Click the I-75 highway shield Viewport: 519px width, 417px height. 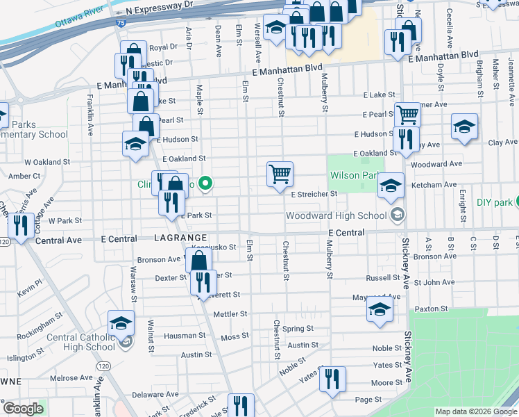[121, 24]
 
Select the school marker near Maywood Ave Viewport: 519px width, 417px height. [380, 310]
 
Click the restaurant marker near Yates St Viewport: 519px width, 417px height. [332, 379]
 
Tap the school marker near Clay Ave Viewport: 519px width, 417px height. [464, 127]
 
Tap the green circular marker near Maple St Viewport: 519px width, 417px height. [205, 184]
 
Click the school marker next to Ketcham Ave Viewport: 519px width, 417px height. [391, 186]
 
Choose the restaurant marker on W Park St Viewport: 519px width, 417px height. [20, 226]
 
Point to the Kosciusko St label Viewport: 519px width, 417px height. [214, 247]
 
